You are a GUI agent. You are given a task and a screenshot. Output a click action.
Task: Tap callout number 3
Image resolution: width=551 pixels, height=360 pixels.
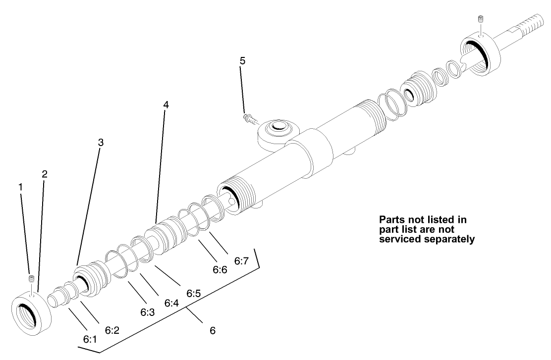point(101,142)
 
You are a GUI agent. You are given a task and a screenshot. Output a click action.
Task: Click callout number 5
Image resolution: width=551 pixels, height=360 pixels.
point(242,61)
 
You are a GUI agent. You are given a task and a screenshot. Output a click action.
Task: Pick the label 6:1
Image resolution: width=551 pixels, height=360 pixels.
point(90,340)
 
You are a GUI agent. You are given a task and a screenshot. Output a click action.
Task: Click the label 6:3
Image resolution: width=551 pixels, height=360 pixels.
point(148,312)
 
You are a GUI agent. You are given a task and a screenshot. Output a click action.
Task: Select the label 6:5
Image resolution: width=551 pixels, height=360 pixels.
point(194,293)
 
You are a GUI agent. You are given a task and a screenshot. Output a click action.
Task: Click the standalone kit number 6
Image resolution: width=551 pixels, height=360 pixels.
point(213,330)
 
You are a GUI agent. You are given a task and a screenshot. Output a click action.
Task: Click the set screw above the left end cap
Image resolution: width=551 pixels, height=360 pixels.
point(31,280)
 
